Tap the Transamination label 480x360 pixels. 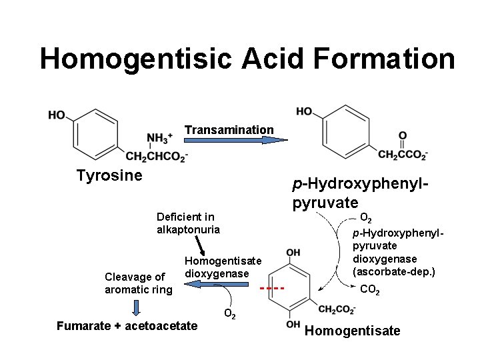(229, 129)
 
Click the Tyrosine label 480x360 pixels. (109, 175)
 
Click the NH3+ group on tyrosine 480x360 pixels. (159, 139)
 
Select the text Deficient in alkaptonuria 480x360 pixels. (188, 223)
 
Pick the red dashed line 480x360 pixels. (272, 289)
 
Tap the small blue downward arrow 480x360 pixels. (137, 307)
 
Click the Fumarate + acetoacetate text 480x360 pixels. (127, 326)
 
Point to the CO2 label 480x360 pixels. (371, 290)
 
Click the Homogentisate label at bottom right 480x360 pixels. (352, 331)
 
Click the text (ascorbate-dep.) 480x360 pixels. (395, 272)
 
